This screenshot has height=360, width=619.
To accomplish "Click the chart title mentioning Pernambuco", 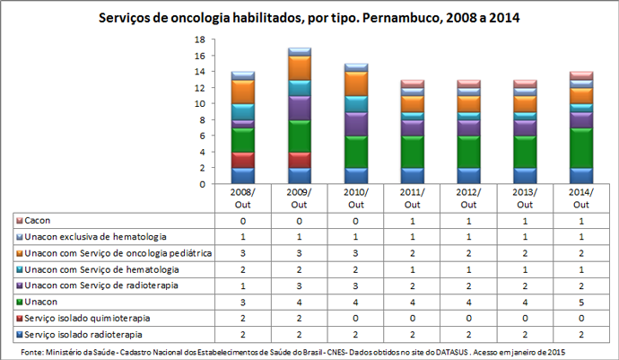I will (x=309, y=18).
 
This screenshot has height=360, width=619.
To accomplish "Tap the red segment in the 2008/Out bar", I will (x=243, y=160).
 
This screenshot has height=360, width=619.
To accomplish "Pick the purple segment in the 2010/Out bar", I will (x=356, y=124).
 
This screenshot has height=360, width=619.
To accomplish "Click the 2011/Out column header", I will (x=413, y=198).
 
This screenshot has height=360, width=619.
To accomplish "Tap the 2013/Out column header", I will (x=526, y=198).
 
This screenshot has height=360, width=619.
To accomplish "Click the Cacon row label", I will (x=38, y=220).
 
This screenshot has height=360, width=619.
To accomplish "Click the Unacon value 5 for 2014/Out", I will (x=582, y=302).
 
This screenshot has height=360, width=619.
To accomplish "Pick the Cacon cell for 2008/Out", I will (x=243, y=220).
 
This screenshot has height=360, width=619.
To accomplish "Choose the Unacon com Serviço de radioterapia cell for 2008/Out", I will (x=243, y=285).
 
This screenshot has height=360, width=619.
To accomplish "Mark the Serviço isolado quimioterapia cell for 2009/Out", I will (x=300, y=318).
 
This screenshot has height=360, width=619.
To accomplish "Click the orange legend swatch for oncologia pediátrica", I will (x=19, y=253).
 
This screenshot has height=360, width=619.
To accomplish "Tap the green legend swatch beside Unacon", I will (x=19, y=302).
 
